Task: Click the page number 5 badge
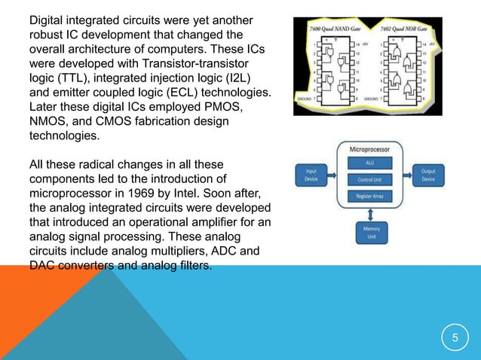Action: point(455,337)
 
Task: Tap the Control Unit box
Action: point(369,180)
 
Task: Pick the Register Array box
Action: point(369,196)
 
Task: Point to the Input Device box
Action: point(311,175)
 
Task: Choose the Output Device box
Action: point(427,175)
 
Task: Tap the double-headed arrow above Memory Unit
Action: point(369,214)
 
